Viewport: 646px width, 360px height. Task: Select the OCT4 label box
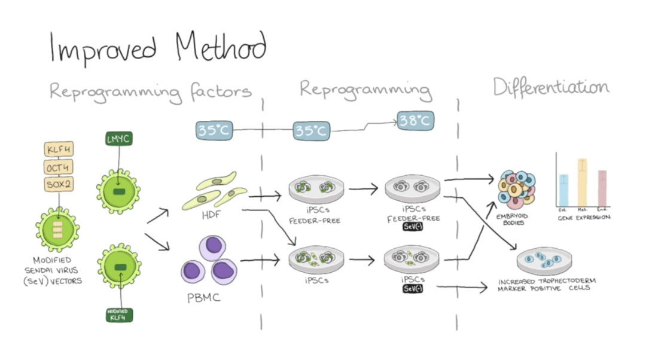[58, 167]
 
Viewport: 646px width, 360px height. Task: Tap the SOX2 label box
[58, 184]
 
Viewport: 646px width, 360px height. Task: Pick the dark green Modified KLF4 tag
[118, 314]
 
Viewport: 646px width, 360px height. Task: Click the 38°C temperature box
[415, 121]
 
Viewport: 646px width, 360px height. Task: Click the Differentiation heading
[551, 88]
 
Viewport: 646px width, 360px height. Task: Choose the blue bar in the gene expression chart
[563, 190]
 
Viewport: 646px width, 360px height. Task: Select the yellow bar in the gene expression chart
[583, 182]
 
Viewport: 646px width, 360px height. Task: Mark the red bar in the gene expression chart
[602, 187]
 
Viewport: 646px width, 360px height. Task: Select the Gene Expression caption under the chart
[584, 218]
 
